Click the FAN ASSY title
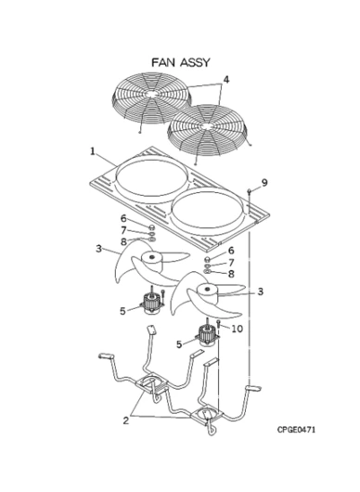coord(180,62)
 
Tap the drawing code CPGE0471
coord(296,429)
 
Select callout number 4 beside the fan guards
coord(225,80)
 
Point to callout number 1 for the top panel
coord(93,151)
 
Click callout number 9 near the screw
coord(264,183)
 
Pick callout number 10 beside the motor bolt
coord(238,329)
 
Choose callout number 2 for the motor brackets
coord(126,421)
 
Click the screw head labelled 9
coord(250,190)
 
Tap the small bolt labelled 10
coord(219,324)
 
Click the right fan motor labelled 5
coord(207,335)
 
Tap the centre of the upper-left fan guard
coord(151,95)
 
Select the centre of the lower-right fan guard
coord(206,126)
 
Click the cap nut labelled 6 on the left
coord(151,227)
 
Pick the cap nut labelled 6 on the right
coord(207,259)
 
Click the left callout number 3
coord(98,249)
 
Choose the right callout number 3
coord(261,291)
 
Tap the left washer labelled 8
coord(152,240)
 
